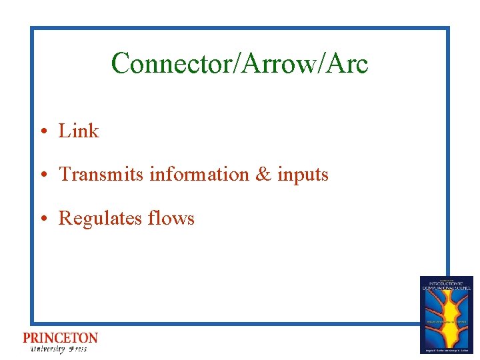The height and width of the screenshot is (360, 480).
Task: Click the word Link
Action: pos(79,131)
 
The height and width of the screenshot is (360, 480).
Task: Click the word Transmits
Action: pos(102,175)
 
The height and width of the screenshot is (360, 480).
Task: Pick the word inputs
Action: pos(303,175)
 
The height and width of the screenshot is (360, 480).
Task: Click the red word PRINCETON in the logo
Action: pos(60,339)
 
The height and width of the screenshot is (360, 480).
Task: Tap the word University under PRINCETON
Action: pos(47,349)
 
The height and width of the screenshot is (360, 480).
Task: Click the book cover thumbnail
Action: pos(446,314)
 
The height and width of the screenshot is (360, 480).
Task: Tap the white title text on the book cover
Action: pos(446,285)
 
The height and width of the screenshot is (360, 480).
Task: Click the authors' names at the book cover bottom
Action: pos(446,349)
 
